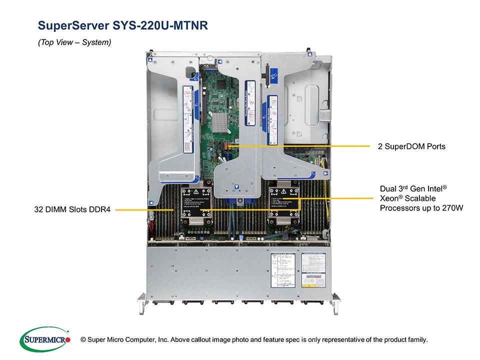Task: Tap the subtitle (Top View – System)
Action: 74,43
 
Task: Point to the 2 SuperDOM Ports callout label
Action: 411,146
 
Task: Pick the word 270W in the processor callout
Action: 451,208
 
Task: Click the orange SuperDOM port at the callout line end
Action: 229,145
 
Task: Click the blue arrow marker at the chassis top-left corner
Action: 150,59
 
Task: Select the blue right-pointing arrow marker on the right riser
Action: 325,173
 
